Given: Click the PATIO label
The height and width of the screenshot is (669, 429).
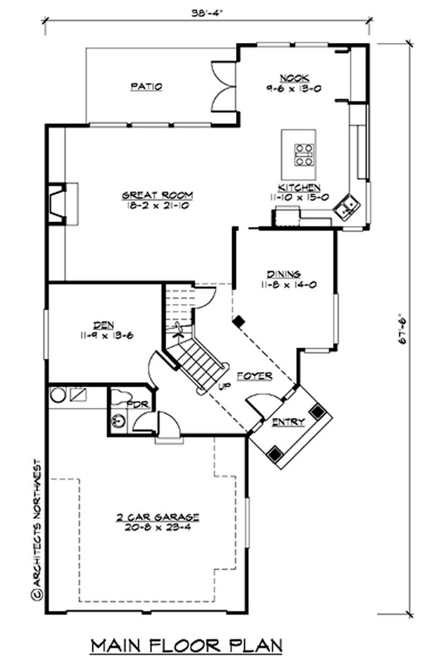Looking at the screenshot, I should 146,86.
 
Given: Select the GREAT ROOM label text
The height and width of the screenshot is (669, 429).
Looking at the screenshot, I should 157,195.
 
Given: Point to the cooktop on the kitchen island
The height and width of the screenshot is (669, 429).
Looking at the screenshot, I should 304,154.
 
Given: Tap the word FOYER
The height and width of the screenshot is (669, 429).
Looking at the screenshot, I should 254,376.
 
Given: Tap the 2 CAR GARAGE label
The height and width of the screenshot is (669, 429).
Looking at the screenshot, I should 158,517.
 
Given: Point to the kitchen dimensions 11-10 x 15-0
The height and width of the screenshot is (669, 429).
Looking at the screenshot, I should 299,197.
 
